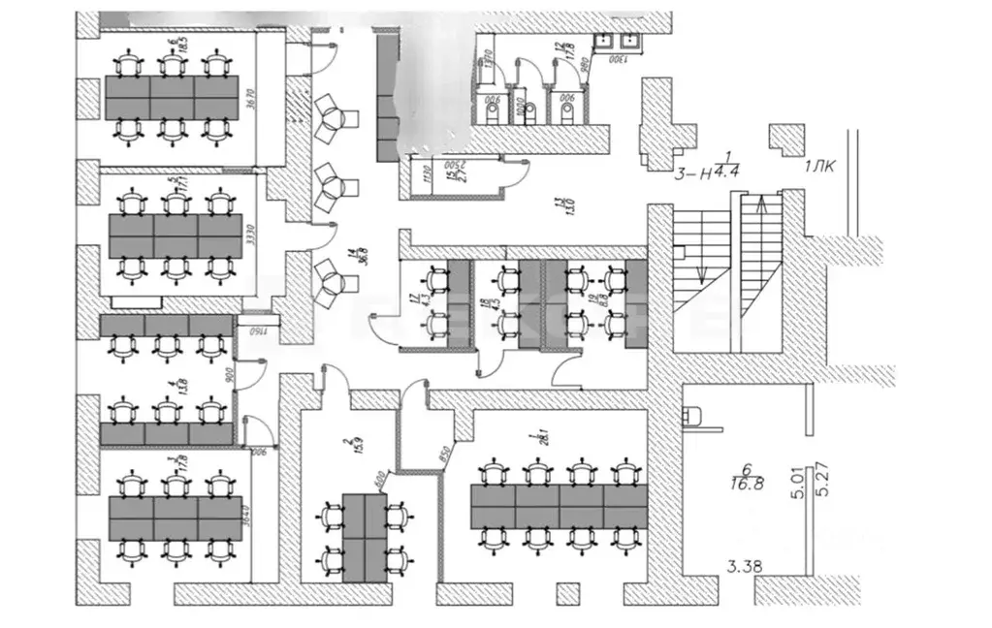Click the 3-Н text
click(692, 173)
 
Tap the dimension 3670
click(249, 104)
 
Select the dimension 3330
click(249, 238)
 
